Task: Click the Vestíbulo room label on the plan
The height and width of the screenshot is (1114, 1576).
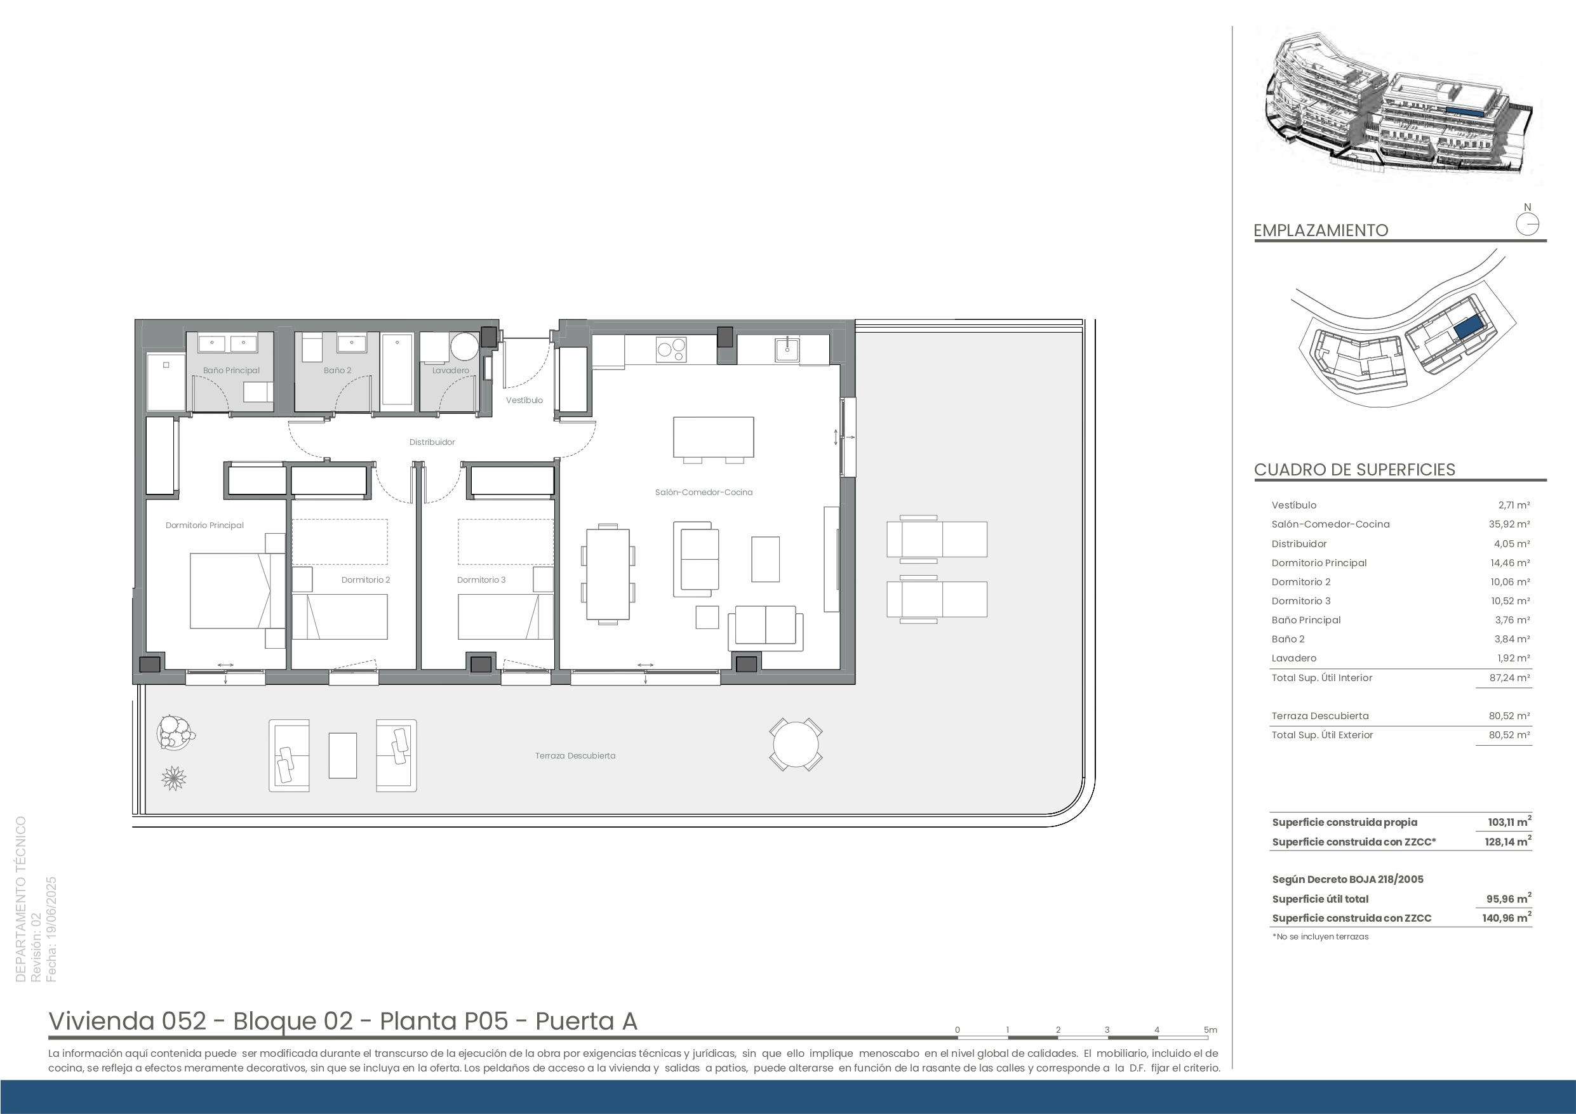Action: pyautogui.click(x=524, y=400)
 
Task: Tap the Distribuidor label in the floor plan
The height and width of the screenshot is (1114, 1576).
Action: pyautogui.click(x=432, y=442)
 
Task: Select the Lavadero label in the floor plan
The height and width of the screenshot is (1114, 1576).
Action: pyautogui.click(x=451, y=371)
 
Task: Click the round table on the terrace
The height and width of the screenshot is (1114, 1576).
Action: pyautogui.click(x=796, y=745)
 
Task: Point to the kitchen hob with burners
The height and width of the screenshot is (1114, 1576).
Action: pyautogui.click(x=671, y=349)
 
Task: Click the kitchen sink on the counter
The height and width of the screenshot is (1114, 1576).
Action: pyautogui.click(x=787, y=349)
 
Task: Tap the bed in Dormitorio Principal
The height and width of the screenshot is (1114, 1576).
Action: pyautogui.click(x=237, y=590)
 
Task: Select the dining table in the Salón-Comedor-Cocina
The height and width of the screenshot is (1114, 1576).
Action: pyautogui.click(x=608, y=574)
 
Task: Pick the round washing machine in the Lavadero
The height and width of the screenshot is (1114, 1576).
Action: pyautogui.click(x=464, y=347)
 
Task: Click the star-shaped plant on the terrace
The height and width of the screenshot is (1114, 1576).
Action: pyautogui.click(x=173, y=778)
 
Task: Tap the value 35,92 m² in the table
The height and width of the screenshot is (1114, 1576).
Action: pyautogui.click(x=1514, y=524)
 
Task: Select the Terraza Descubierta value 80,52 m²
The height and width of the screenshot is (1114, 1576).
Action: pyautogui.click(x=1514, y=716)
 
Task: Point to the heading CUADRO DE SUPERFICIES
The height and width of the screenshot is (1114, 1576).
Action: pyautogui.click(x=1354, y=470)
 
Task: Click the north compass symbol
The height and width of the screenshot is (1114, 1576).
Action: pyautogui.click(x=1527, y=225)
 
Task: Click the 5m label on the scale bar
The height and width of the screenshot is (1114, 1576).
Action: pyautogui.click(x=1211, y=1030)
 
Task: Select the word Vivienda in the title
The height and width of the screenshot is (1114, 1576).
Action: pyautogui.click(x=102, y=1021)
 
